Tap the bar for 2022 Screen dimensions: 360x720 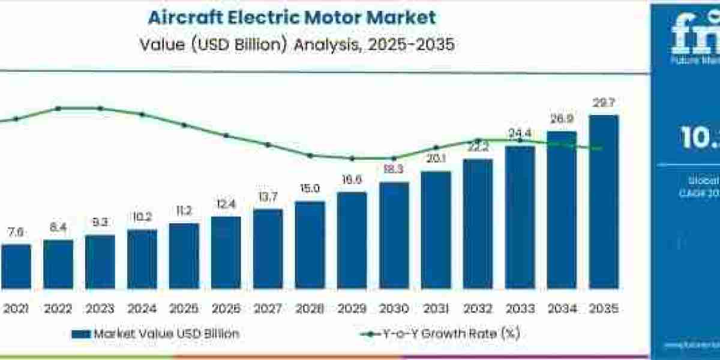tap(58, 264)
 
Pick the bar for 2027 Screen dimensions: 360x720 tap(268, 248)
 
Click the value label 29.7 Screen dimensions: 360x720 tap(604, 104)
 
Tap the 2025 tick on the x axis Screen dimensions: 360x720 tap(184, 308)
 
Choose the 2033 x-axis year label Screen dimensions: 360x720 tap(520, 308)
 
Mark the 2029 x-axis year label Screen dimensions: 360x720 tap(352, 308)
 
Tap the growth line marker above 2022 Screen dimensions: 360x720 tap(58, 109)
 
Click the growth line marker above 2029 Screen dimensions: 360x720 tap(352, 158)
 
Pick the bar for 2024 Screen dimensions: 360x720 tap(142, 259)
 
